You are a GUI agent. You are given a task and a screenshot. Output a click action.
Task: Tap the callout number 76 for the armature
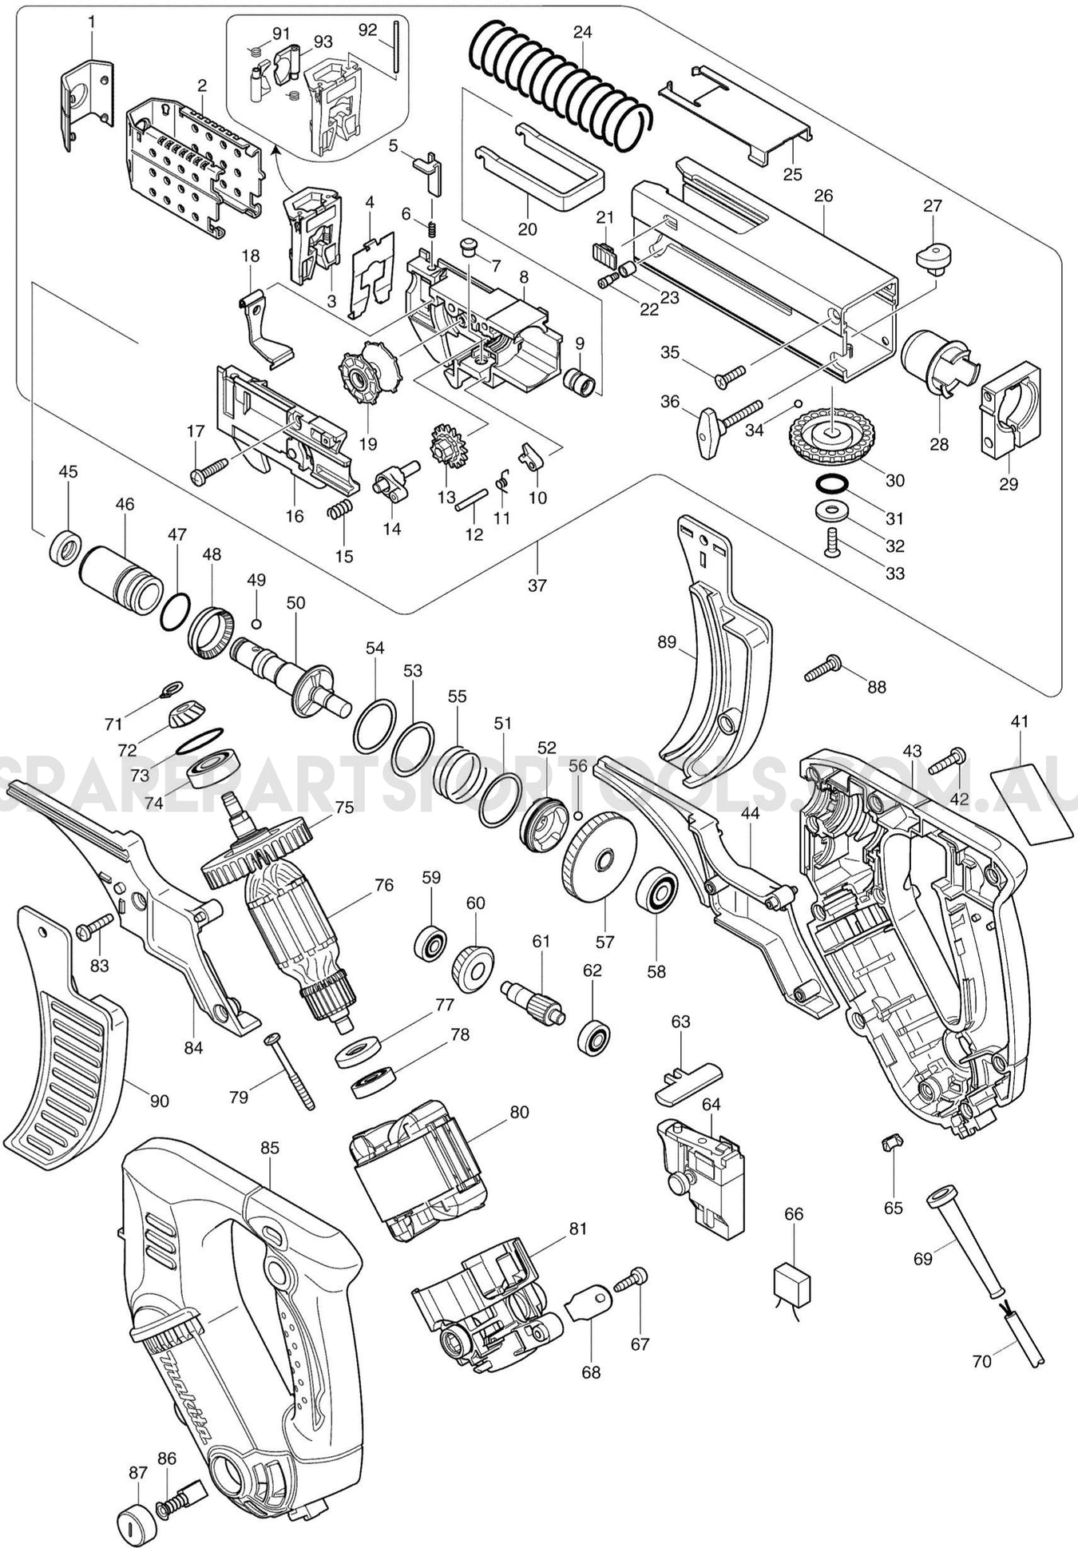pyautogui.click(x=384, y=885)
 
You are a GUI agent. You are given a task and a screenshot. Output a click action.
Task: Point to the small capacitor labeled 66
pyautogui.click(x=794, y=1283)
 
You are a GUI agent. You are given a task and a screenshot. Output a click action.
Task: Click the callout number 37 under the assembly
pyautogui.click(x=537, y=585)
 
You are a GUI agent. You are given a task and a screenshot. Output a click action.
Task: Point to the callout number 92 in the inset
pyautogui.click(x=368, y=30)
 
